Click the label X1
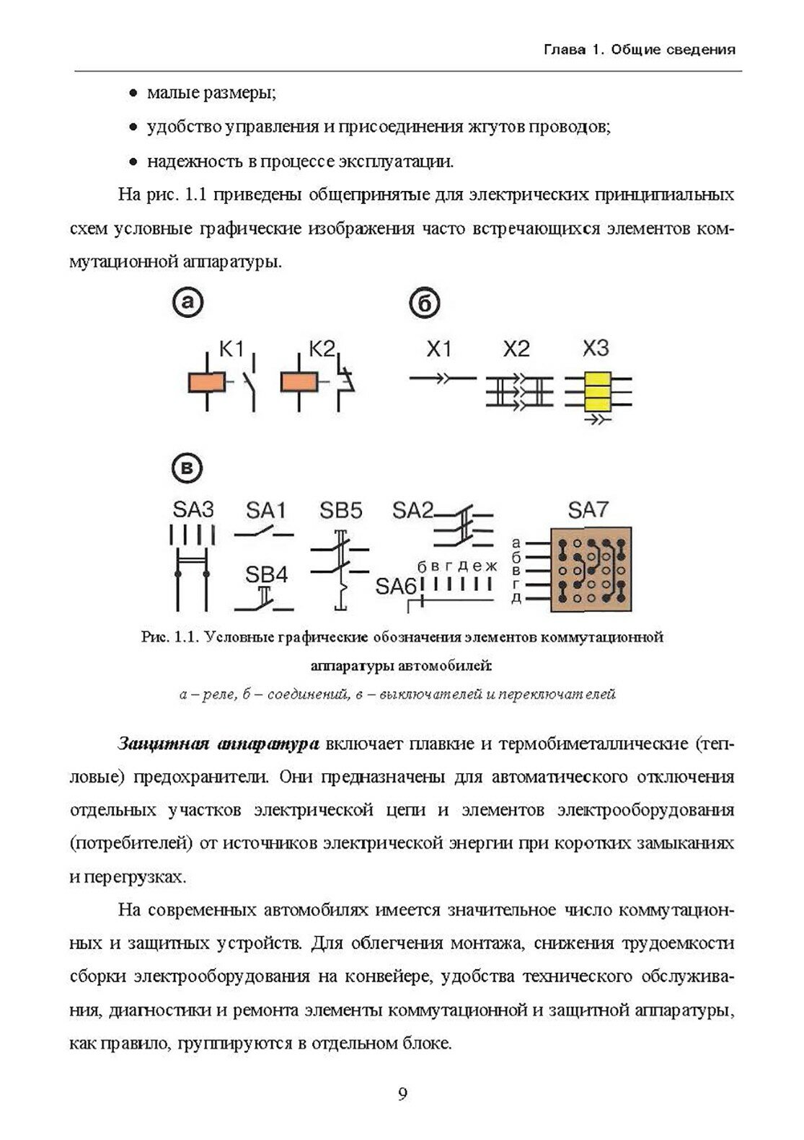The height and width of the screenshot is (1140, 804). click(x=439, y=349)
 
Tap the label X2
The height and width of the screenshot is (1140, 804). click(x=516, y=349)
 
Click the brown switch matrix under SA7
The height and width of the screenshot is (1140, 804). click(x=591, y=569)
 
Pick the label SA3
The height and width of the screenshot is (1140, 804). click(x=193, y=509)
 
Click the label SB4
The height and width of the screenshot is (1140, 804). click(x=266, y=574)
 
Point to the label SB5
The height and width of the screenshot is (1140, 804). click(x=341, y=510)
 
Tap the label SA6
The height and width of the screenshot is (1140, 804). click(x=396, y=587)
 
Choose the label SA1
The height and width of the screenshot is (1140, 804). click(x=266, y=510)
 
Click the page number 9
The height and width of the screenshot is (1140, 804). click(x=402, y=1095)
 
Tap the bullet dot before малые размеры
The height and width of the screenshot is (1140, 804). click(x=133, y=94)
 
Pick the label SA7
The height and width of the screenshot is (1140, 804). click(x=588, y=509)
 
